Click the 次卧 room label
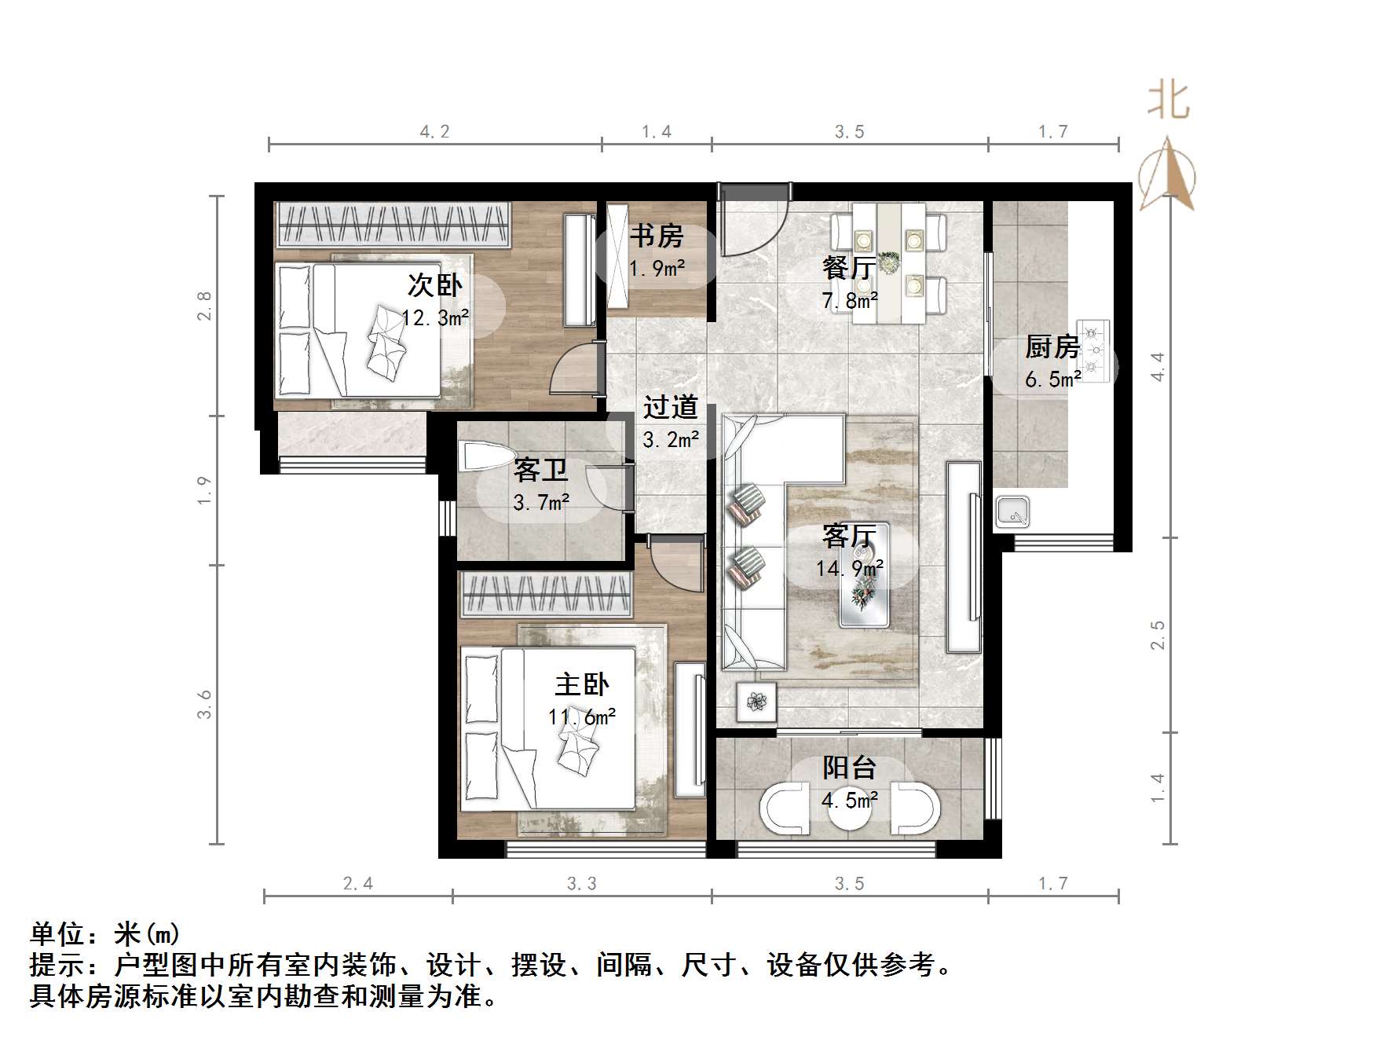pos(434,285)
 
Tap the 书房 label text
pos(657,236)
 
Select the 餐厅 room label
pos(849,268)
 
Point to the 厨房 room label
pos(1052,346)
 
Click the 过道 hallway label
pos(670,407)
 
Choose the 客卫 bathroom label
pos(540,470)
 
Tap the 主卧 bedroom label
pos(581,684)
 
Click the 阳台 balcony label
pos(849,768)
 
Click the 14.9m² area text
pos(849,568)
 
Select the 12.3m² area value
pos(435,317)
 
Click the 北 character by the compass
pos(1168,103)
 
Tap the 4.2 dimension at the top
pos(434,131)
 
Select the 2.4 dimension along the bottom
pos(358,884)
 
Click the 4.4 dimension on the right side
pos(1157,367)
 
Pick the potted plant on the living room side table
pos(756,701)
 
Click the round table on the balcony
pos(849,814)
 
